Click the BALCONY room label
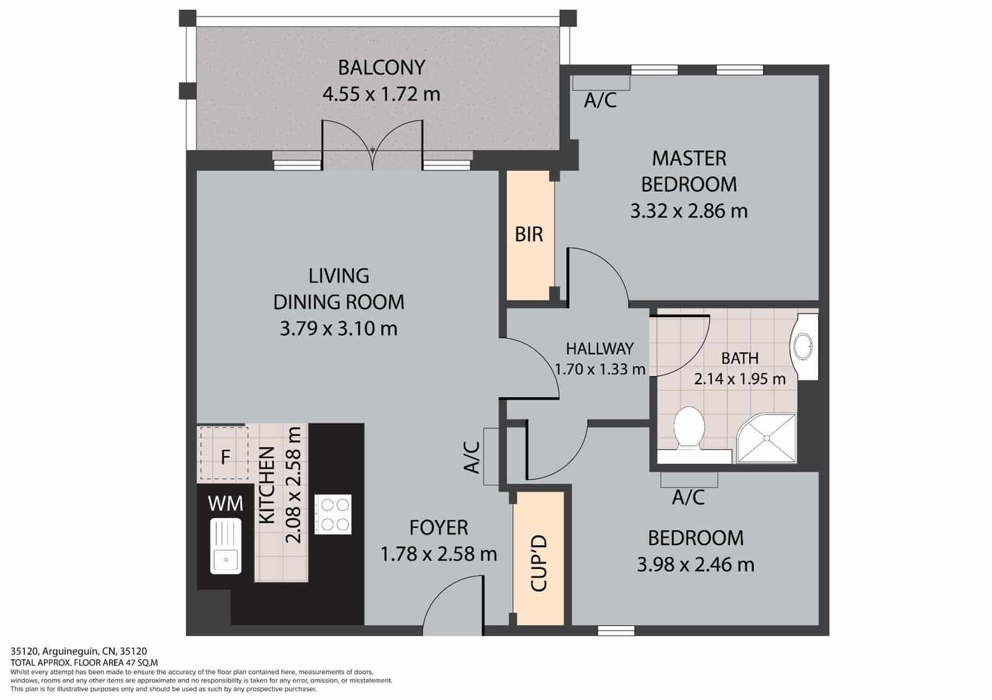tap(381, 67)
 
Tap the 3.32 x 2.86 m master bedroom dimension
tap(689, 211)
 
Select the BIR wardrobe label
tap(529, 235)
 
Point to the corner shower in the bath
tap(767, 438)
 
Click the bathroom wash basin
tap(805, 346)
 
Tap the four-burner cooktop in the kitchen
tap(333, 514)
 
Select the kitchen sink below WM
tap(226, 546)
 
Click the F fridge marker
tap(225, 457)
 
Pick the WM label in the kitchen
tap(226, 503)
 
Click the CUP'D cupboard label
tap(538, 563)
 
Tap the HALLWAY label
tap(600, 348)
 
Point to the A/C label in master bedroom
tap(600, 100)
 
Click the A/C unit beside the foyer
tap(492, 457)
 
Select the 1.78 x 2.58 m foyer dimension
tap(438, 554)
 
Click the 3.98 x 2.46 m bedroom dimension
tap(695, 565)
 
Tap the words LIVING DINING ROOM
tap(339, 289)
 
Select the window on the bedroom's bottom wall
tap(616, 631)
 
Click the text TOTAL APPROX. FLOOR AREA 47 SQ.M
tap(84, 662)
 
